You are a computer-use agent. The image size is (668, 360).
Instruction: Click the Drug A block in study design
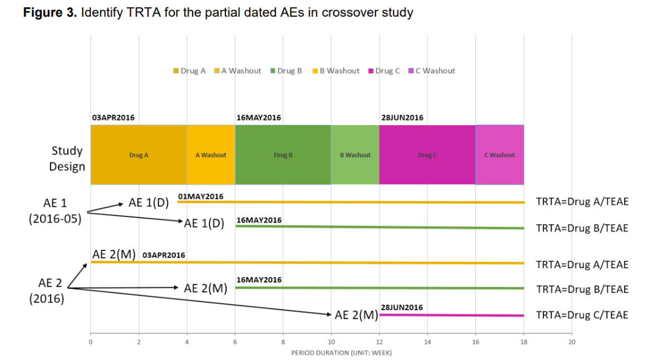tap(139, 155)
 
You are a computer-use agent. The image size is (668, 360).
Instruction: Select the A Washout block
tap(211, 155)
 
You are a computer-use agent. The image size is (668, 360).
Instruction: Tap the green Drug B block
tap(283, 155)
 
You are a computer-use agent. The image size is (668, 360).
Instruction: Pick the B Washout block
tap(355, 155)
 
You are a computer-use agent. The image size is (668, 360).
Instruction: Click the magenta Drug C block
tap(427, 155)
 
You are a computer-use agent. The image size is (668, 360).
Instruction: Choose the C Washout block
tap(499, 155)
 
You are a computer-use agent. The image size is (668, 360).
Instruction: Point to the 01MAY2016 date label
tap(200, 196)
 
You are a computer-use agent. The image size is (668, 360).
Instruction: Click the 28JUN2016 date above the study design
tap(402, 118)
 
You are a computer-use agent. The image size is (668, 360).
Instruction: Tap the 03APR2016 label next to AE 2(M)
tap(164, 255)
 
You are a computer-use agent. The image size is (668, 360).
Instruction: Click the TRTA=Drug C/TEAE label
tap(582, 315)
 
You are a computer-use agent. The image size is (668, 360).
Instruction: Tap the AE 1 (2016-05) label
tap(55, 210)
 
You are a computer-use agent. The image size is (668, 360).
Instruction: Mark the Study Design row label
tap(67, 159)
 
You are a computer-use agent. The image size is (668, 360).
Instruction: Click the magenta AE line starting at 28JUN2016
tap(451, 315)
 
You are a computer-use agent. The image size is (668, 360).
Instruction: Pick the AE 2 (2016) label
tap(47, 290)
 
